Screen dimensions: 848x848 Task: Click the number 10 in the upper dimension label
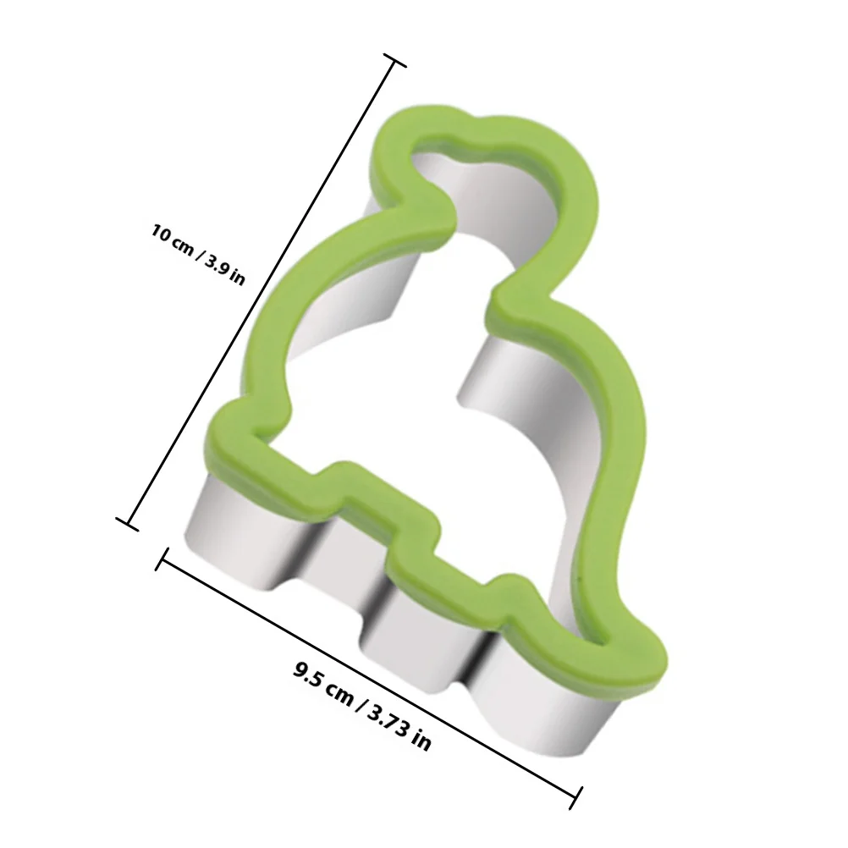coord(162,234)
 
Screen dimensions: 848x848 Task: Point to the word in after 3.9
coord(238,278)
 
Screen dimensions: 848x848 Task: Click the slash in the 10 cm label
coord(199,252)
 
